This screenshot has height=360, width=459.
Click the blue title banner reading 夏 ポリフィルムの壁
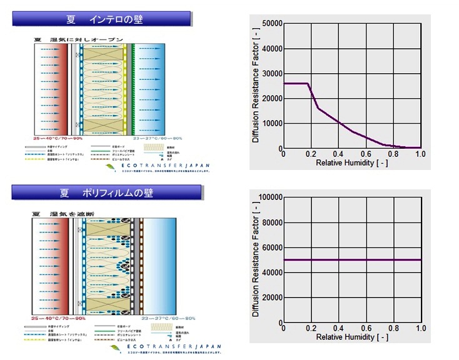(x=106, y=192)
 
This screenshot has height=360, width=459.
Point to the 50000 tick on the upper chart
(x=270, y=24)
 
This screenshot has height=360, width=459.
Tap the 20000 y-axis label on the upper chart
(x=270, y=99)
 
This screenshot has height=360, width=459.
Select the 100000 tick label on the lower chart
(x=268, y=197)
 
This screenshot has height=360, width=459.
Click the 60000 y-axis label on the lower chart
(x=270, y=247)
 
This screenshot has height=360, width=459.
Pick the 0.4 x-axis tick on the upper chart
(x=338, y=154)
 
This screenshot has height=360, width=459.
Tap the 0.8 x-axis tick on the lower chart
(x=393, y=328)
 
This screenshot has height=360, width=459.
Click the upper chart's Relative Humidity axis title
(x=352, y=162)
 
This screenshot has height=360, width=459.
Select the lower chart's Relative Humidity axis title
(x=352, y=337)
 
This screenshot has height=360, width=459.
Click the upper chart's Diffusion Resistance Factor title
(x=256, y=87)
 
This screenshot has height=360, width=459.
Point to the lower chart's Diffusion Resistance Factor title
(x=256, y=261)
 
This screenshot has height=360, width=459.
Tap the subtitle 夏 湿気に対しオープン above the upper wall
(x=78, y=40)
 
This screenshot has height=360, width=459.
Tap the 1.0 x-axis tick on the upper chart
(x=420, y=154)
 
